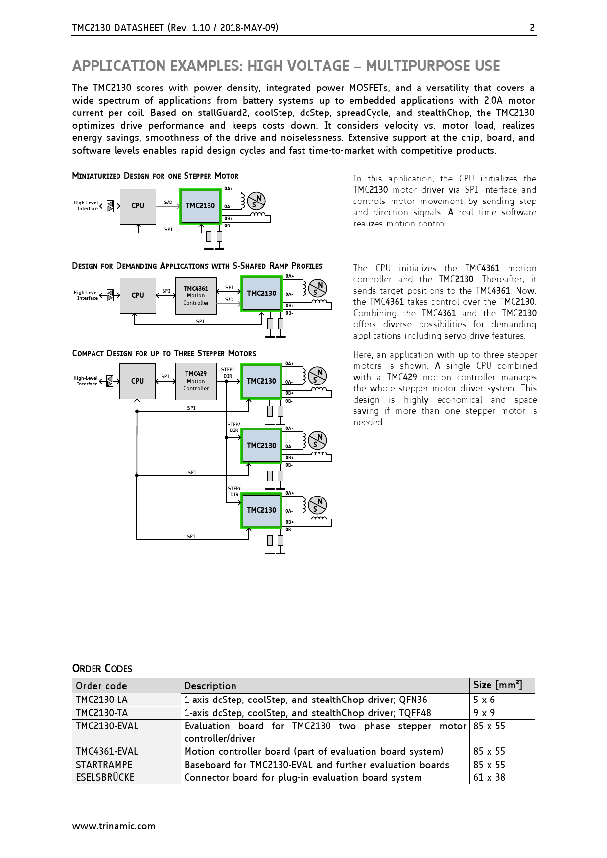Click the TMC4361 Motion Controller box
point(196,295)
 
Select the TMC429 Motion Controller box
point(196,381)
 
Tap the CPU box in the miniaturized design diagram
point(138,206)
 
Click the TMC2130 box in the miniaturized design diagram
point(200,206)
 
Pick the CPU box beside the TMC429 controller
point(138,381)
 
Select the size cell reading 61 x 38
point(490,777)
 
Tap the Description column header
point(210,686)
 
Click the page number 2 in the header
point(532,28)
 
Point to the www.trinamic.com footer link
point(114,826)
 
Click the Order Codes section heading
point(102,669)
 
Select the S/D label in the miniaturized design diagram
point(168,202)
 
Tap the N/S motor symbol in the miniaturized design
point(256,201)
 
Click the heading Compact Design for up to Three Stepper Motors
point(164,353)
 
